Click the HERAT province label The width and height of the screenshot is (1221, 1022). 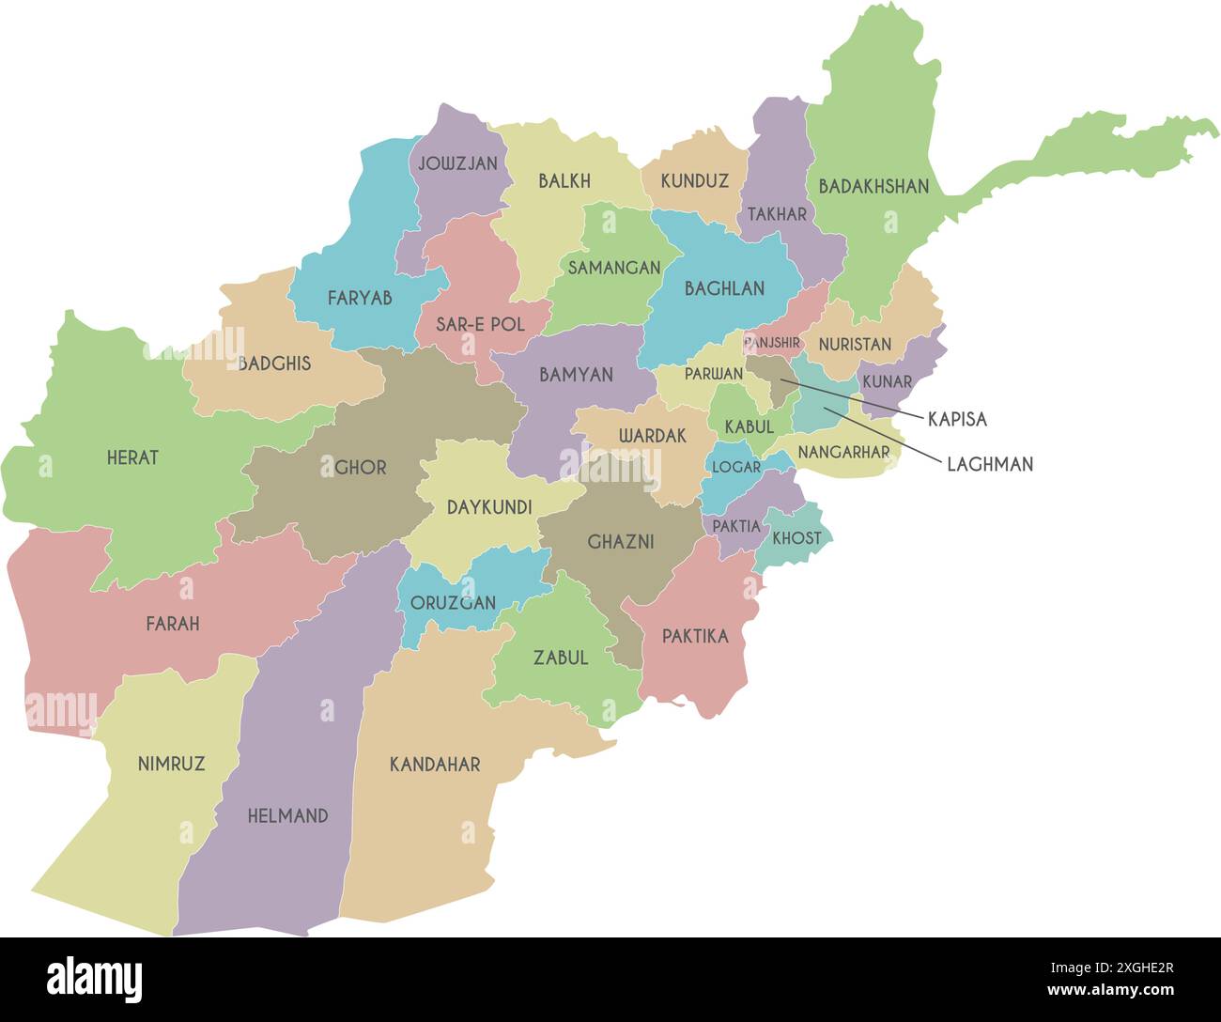(132, 458)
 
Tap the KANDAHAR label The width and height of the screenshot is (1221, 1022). (435, 765)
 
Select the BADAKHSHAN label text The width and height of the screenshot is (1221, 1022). (873, 187)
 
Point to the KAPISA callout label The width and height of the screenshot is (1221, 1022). (957, 420)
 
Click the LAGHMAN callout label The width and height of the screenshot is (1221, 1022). (989, 464)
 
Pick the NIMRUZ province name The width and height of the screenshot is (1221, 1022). (171, 764)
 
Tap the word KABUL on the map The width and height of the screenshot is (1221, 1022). (749, 427)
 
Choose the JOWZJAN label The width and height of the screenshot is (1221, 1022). (457, 163)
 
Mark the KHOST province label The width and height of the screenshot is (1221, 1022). (796, 538)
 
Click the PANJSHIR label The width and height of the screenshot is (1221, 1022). (772, 344)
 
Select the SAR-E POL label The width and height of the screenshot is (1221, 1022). (480, 325)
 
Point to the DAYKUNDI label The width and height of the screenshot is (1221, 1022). (488, 507)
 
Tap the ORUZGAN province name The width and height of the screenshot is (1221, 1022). (453, 603)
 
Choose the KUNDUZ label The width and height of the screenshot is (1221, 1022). (694, 181)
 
